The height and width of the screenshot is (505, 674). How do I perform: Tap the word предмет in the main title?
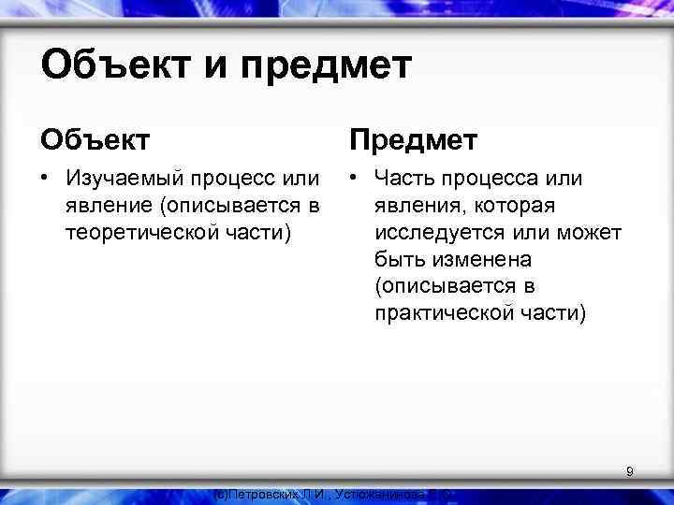[323, 67]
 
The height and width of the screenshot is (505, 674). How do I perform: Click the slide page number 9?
[630, 472]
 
